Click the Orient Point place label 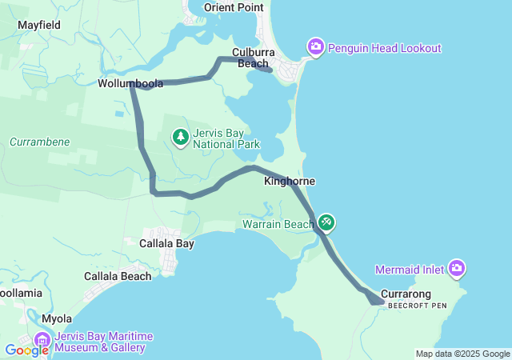[234, 7]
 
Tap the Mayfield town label [39, 25]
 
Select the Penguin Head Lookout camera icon [316, 48]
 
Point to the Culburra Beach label [253, 58]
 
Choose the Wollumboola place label [130, 83]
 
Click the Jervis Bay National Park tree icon [181, 138]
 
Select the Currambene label [40, 142]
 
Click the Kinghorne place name [289, 182]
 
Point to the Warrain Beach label [278, 224]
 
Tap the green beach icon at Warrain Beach [327, 222]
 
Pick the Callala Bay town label [166, 243]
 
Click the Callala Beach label [118, 276]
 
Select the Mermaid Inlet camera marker [457, 268]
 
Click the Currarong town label [406, 294]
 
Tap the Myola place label [57, 318]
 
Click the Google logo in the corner [26, 350]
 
